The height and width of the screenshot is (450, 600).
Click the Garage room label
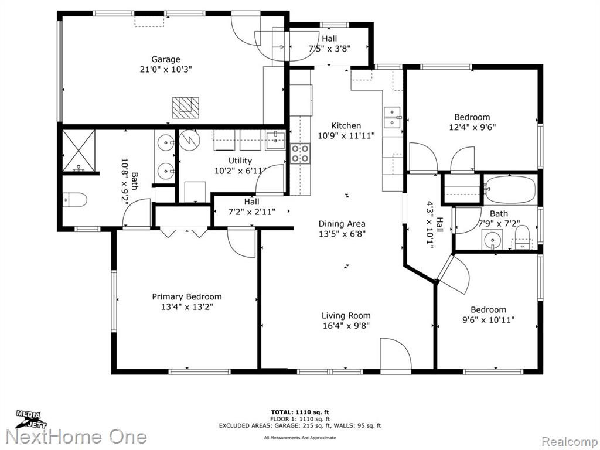click(x=166, y=59)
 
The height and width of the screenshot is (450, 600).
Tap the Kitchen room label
click(x=346, y=125)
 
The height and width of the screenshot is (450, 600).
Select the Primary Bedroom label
click(x=187, y=296)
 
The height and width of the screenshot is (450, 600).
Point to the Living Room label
click(x=346, y=316)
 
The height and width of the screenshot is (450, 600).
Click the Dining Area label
click(x=342, y=224)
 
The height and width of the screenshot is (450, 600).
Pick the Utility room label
click(x=240, y=161)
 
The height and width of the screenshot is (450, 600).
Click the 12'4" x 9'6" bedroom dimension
click(x=472, y=127)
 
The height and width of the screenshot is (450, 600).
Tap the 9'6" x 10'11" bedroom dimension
click(x=488, y=320)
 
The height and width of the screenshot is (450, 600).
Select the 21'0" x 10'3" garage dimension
click(x=166, y=70)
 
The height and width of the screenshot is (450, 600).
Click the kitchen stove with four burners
click(x=300, y=153)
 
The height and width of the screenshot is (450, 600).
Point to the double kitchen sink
click(x=393, y=117)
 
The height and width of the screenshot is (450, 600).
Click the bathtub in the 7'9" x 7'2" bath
click(x=510, y=190)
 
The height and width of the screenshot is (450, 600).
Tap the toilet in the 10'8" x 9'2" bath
click(x=75, y=200)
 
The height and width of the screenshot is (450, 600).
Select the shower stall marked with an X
click(x=79, y=151)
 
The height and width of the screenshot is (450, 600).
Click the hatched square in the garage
click(x=185, y=108)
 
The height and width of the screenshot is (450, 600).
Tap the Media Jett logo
click(x=30, y=419)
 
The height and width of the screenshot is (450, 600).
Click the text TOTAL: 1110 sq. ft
click(x=300, y=412)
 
